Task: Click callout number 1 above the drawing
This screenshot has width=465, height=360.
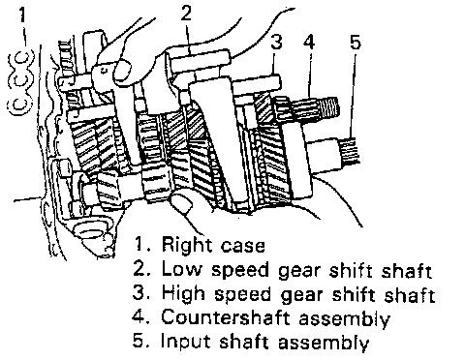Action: pyautogui.click(x=21, y=15)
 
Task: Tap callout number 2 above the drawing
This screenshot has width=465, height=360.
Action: pyautogui.click(x=186, y=13)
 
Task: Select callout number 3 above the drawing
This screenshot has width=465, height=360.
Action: pyautogui.click(x=276, y=42)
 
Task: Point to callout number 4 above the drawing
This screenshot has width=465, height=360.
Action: pyautogui.click(x=309, y=42)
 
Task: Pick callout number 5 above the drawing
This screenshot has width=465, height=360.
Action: pyautogui.click(x=355, y=42)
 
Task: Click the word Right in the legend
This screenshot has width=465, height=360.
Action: pyautogui.click(x=187, y=245)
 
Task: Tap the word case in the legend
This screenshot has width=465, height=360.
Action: pyautogui.click(x=243, y=247)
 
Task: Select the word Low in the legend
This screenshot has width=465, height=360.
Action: pyautogui.click(x=181, y=268)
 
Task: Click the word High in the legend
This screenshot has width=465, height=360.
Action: pyautogui.click(x=183, y=294)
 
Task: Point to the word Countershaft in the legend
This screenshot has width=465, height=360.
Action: pyautogui.click(x=225, y=316)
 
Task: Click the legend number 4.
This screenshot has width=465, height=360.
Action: pyautogui.click(x=140, y=316)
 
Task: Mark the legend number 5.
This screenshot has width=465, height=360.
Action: pyautogui.click(x=140, y=341)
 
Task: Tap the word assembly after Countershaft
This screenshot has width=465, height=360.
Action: pyautogui.click(x=344, y=318)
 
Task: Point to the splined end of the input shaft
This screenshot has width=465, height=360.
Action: pyautogui.click(x=350, y=150)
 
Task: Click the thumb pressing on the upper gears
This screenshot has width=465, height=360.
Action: pyautogui.click(x=123, y=71)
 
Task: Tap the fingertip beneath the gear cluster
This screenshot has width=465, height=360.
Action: pyautogui.click(x=181, y=202)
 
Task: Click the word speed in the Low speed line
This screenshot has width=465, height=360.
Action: pyautogui.click(x=239, y=270)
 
